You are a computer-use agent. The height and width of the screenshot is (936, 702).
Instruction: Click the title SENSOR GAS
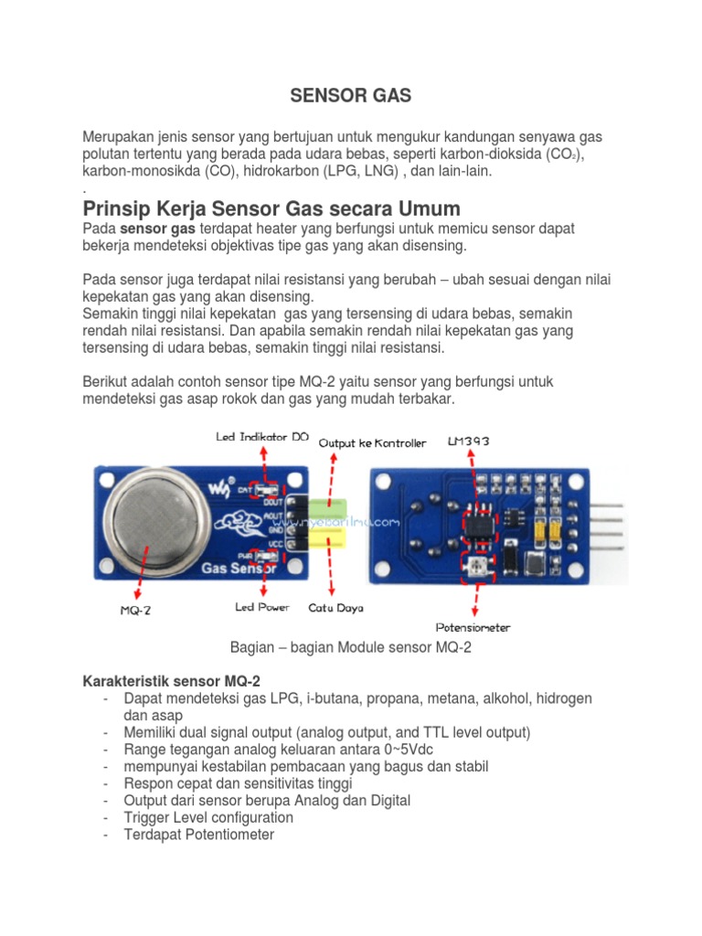(350, 94)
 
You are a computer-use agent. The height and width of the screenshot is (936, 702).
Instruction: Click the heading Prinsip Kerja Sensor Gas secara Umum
(271, 207)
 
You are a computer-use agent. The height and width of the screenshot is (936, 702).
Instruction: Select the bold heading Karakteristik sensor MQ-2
(172, 681)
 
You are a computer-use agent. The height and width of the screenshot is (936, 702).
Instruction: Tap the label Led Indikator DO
(261, 437)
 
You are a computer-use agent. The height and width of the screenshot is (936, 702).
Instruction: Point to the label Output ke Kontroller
(372, 442)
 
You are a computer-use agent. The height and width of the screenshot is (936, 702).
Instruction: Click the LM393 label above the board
(468, 441)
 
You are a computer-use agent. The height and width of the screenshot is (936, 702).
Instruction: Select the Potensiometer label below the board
(473, 627)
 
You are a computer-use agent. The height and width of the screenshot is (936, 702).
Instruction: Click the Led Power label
(262, 606)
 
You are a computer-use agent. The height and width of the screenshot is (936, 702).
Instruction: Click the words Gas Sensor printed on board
(233, 568)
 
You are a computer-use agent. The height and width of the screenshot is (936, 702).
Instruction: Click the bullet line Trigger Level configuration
(208, 817)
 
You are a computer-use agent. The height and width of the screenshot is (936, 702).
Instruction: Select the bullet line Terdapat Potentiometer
(198, 835)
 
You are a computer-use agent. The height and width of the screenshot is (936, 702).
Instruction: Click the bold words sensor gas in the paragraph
(158, 228)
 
